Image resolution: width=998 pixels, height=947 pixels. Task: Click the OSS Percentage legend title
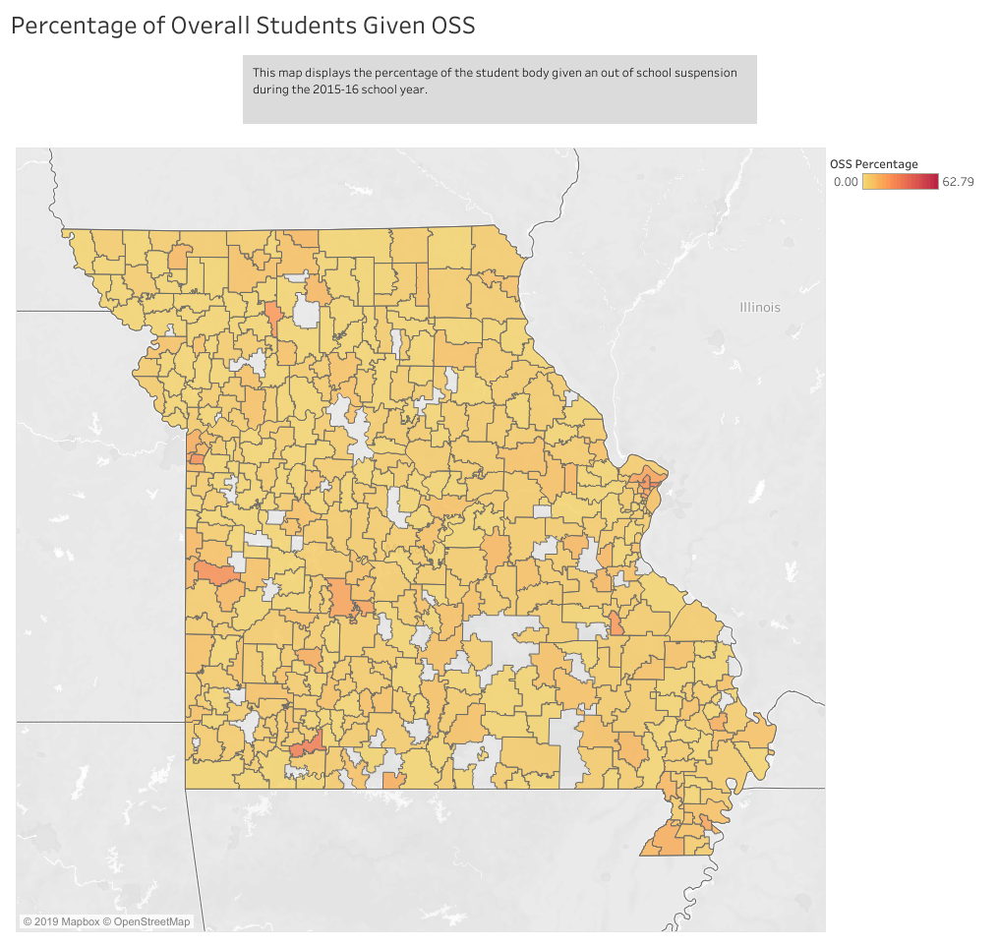(874, 164)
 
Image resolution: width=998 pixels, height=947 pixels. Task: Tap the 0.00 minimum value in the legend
(846, 181)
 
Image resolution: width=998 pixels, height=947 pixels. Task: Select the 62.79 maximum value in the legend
(958, 181)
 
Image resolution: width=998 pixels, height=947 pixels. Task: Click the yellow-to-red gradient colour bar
(900, 181)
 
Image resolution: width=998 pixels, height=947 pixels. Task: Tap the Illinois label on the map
(760, 308)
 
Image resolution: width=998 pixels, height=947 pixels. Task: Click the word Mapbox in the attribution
(81, 921)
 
